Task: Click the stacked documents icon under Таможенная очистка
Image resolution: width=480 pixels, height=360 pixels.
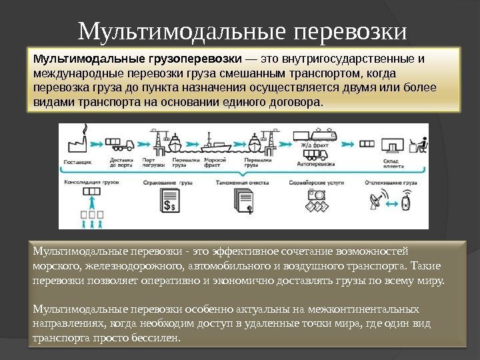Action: tap(241, 200)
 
